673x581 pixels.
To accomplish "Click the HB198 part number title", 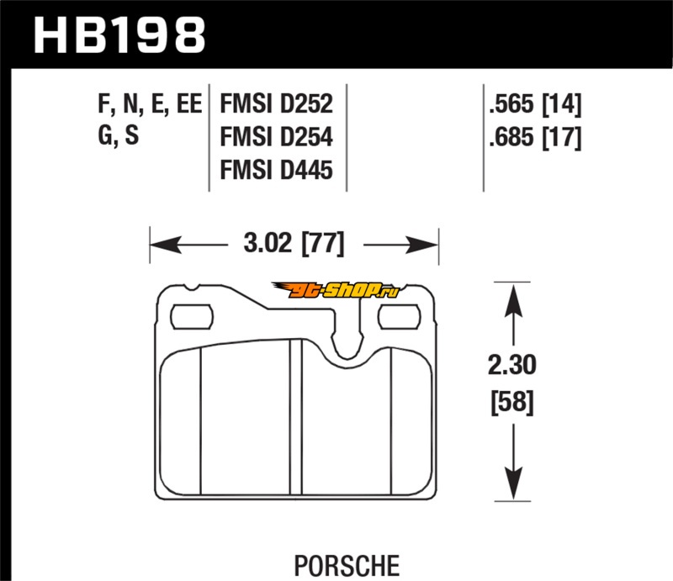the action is click(119, 35).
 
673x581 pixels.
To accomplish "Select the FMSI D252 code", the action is click(277, 104).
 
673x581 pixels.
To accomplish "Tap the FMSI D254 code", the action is click(277, 137).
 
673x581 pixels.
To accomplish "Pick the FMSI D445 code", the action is click(277, 170).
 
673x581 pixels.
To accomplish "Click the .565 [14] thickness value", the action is click(535, 104).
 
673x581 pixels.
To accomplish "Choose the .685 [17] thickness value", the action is click(535, 137).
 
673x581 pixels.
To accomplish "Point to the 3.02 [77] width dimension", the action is click(294, 243).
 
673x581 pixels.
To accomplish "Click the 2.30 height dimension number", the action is click(512, 366).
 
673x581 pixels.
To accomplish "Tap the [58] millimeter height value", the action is click(512, 402).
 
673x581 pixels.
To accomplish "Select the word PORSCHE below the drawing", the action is click(347, 566).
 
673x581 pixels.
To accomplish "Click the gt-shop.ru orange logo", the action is click(336, 290).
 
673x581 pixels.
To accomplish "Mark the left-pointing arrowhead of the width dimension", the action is click(166, 245).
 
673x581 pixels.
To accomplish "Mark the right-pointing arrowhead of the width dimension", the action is click(422, 245).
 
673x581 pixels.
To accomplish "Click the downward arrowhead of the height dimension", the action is click(513, 482).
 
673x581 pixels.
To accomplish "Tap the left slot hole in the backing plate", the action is click(192, 317).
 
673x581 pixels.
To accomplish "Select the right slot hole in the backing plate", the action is click(399, 317).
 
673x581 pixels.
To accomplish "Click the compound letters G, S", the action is click(119, 135).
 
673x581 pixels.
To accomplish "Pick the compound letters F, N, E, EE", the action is click(150, 104).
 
